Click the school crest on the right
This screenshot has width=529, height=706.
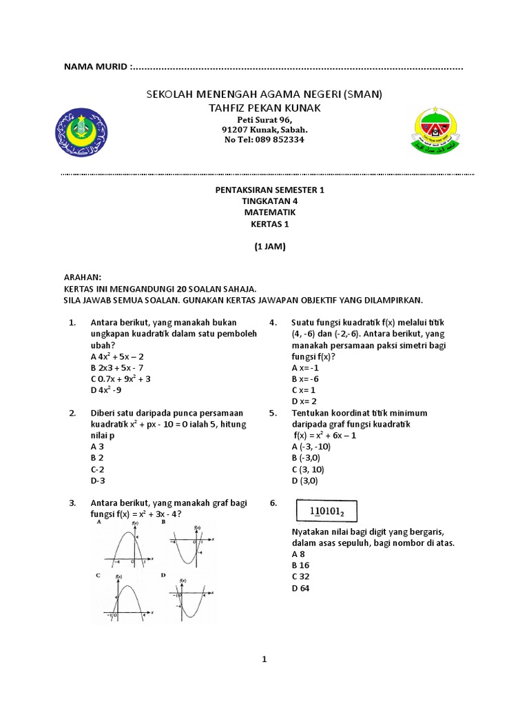439,131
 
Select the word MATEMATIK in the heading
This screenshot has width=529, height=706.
264,212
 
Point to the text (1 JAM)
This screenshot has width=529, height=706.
264,246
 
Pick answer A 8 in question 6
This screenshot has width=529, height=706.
298,554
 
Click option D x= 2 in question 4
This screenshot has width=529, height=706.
304,401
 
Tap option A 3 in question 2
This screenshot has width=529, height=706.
97,446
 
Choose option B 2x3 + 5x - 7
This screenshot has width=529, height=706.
117,367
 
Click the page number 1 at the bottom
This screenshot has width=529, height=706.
264,659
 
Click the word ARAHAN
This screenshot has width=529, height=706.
83,277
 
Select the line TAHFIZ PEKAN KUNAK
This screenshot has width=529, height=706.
264,108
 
